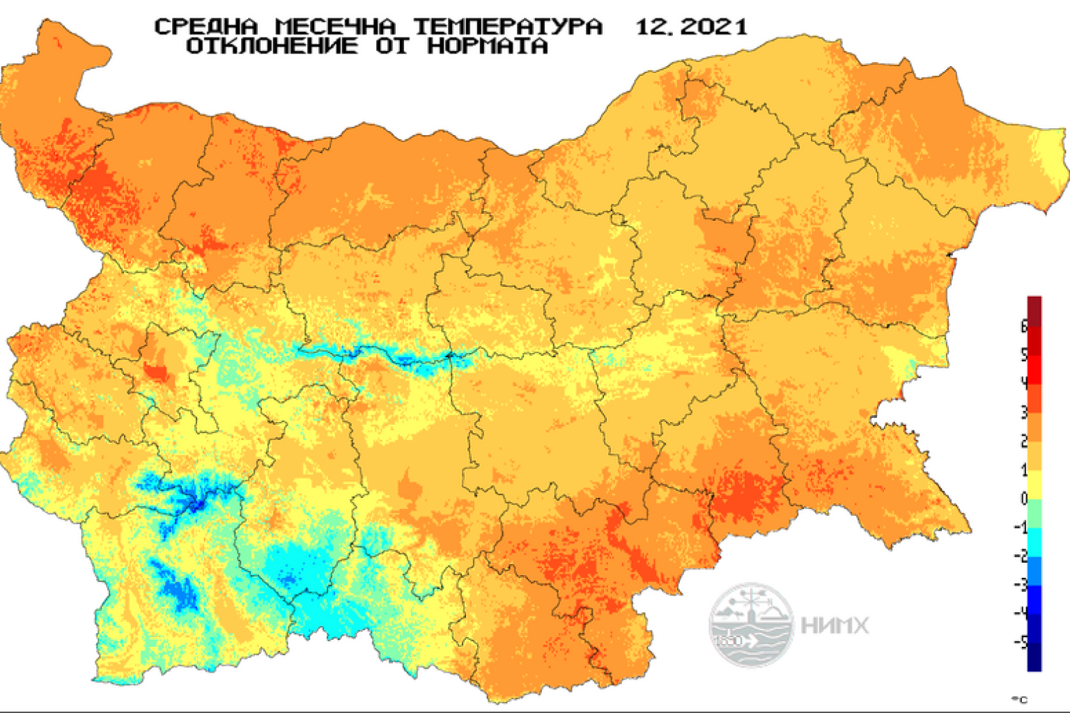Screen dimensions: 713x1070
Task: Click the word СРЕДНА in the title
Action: click(206, 27)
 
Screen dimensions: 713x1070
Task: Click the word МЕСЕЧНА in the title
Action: click(335, 27)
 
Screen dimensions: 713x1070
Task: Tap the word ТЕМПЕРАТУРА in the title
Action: click(508, 27)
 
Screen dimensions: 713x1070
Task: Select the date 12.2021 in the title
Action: click(691, 27)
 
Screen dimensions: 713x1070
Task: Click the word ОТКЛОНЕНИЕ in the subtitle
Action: click(272, 47)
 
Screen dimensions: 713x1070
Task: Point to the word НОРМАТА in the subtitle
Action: click(488, 47)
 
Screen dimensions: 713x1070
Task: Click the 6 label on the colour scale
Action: click(1024, 325)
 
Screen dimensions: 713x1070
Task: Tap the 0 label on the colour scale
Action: click(1024, 498)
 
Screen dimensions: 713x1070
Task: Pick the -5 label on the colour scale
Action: click(1021, 641)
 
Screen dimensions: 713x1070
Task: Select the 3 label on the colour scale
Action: click(1024, 412)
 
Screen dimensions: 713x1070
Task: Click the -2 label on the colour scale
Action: click(1021, 555)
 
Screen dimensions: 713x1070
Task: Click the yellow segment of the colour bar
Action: click(1034, 485)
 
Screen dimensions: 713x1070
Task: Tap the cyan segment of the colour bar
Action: click(1034, 542)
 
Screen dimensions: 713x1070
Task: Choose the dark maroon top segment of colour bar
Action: click(1034, 311)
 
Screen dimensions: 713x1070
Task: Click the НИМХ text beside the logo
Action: click(835, 625)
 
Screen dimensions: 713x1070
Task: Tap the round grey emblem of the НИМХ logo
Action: click(751, 624)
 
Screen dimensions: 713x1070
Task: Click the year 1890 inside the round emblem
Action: click(729, 640)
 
